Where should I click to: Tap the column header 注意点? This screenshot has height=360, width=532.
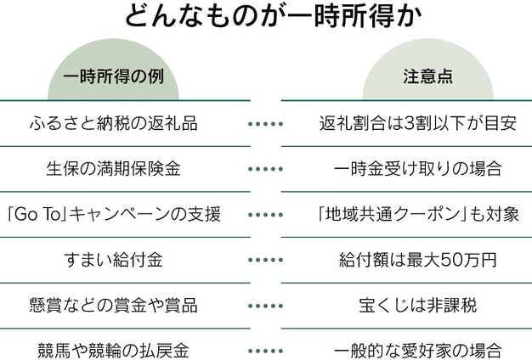(427, 76)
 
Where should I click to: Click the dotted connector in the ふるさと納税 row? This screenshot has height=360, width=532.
(266, 124)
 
